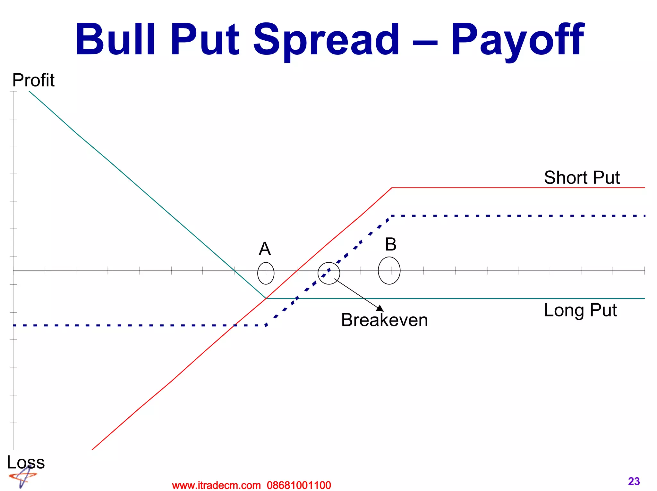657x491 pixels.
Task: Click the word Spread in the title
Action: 326,40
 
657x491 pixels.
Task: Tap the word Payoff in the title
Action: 517,40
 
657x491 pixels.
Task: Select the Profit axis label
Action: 33,80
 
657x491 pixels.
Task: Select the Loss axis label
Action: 26,462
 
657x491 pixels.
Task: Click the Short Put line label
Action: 582,177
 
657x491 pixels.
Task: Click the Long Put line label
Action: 580,310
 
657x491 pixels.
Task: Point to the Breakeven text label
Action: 384,320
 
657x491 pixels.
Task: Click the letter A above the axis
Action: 265,249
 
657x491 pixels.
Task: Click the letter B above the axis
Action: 391,245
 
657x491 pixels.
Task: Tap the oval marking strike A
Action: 266,273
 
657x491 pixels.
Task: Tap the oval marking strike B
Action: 389,271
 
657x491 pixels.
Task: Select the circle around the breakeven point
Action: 329,273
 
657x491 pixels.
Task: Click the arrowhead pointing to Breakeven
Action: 380,308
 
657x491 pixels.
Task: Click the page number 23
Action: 634,481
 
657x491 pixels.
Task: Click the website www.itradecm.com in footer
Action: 216,485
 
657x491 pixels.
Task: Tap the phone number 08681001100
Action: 299,485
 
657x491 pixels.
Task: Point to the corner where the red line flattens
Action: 392,188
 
